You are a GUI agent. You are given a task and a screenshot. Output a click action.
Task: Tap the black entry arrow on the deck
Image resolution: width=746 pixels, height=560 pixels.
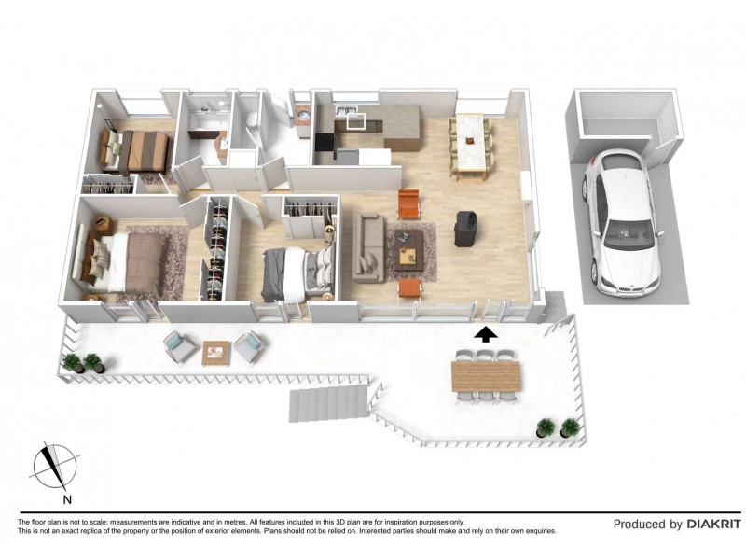(486, 335)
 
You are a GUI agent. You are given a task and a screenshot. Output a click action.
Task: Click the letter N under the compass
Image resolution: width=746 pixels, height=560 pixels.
(67, 499)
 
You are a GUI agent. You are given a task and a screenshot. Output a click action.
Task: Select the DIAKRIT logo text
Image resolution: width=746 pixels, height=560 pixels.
(713, 525)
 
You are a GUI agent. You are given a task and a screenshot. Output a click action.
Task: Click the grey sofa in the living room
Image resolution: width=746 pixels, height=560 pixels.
(368, 247)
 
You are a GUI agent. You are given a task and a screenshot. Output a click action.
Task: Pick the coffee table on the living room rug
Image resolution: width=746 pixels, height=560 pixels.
(408, 250)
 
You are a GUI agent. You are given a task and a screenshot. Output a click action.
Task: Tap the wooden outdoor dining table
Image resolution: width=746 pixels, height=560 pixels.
(486, 376)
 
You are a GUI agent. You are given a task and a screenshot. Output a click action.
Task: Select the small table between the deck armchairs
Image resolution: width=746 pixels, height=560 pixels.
(216, 353)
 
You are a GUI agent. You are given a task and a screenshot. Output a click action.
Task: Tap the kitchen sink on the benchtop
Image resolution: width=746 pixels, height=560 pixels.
(346, 110)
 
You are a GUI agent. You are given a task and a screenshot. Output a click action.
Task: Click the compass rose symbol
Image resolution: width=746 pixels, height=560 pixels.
(55, 466)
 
